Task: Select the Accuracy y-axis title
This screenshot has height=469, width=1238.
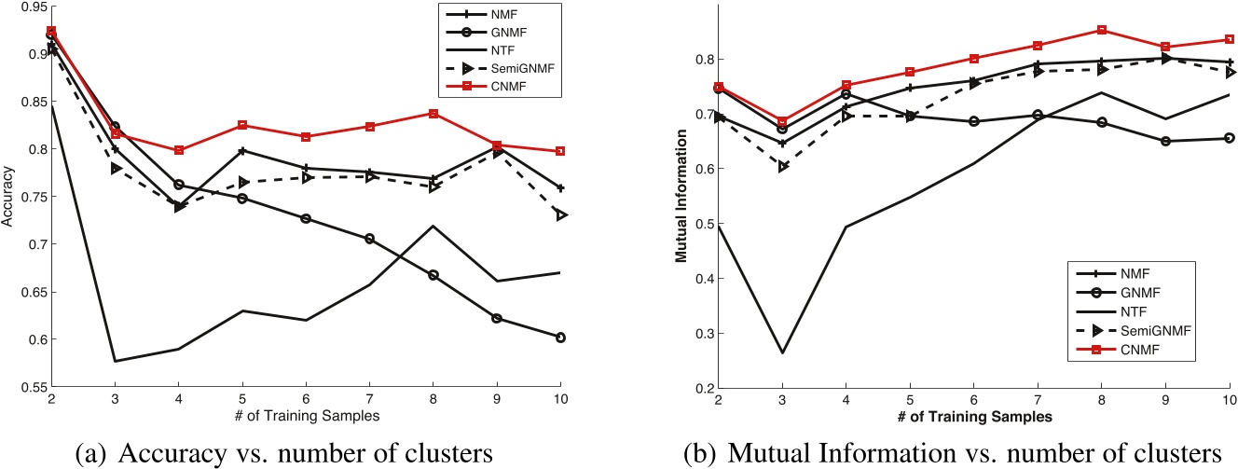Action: [x=9, y=197]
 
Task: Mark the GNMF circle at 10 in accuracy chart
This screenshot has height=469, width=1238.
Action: [x=559, y=338]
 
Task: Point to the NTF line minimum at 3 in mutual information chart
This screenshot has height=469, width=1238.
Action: [x=782, y=352]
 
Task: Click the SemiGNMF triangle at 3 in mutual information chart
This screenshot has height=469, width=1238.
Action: [x=782, y=166]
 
